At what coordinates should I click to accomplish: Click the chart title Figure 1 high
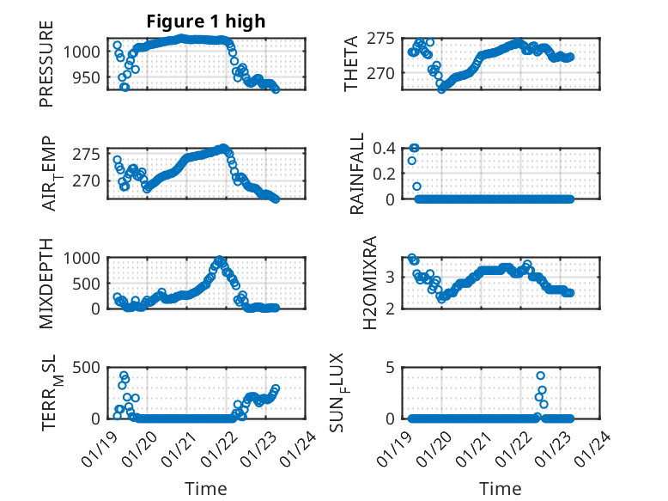205,21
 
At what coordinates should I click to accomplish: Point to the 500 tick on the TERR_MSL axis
87,367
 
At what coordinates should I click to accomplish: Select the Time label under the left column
206,489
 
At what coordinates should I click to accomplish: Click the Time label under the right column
501,489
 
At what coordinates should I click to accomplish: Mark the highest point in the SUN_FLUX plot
540,376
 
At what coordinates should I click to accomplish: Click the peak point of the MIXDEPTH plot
220,259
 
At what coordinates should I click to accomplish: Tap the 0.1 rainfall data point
416,186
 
